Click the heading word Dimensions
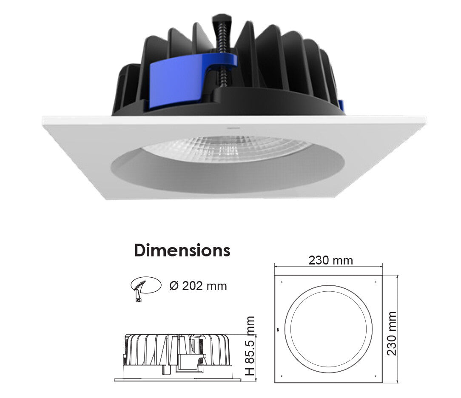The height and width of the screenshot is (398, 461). tap(182, 251)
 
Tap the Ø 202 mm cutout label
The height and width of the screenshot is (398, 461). tap(198, 286)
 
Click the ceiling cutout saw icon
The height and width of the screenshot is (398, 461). tap(146, 288)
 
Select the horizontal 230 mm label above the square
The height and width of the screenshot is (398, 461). tap(330, 260)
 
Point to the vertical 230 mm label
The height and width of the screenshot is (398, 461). tap(392, 334)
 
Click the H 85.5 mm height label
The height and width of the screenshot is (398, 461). tap(250, 346)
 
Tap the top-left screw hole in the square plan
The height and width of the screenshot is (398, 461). tap(282, 282)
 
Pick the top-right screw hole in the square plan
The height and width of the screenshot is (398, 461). tap(376, 282)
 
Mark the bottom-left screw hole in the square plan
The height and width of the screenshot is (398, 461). tap(282, 376)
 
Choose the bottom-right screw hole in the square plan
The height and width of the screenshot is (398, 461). tap(376, 376)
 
